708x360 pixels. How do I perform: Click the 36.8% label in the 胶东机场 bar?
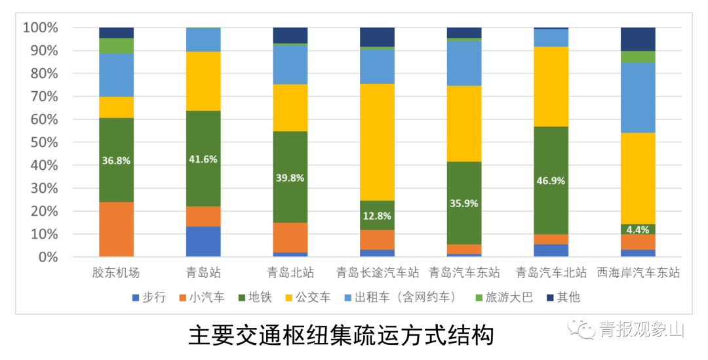[116, 160]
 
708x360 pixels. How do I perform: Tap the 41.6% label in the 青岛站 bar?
[203, 159]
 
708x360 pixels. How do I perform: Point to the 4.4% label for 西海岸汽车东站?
[638, 230]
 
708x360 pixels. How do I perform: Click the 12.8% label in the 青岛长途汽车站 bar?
[377, 216]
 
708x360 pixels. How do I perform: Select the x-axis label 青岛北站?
[290, 272]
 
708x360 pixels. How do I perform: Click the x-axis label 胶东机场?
[116, 272]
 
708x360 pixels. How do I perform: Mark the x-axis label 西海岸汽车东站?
[638, 272]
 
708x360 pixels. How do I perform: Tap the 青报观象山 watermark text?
[640, 329]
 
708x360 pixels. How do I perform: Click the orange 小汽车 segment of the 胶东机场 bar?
[116, 229]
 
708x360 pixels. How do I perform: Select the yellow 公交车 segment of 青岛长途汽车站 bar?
[377, 142]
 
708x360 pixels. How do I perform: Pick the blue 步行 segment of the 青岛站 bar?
[203, 241]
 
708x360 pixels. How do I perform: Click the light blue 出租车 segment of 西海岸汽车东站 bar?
[638, 97]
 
